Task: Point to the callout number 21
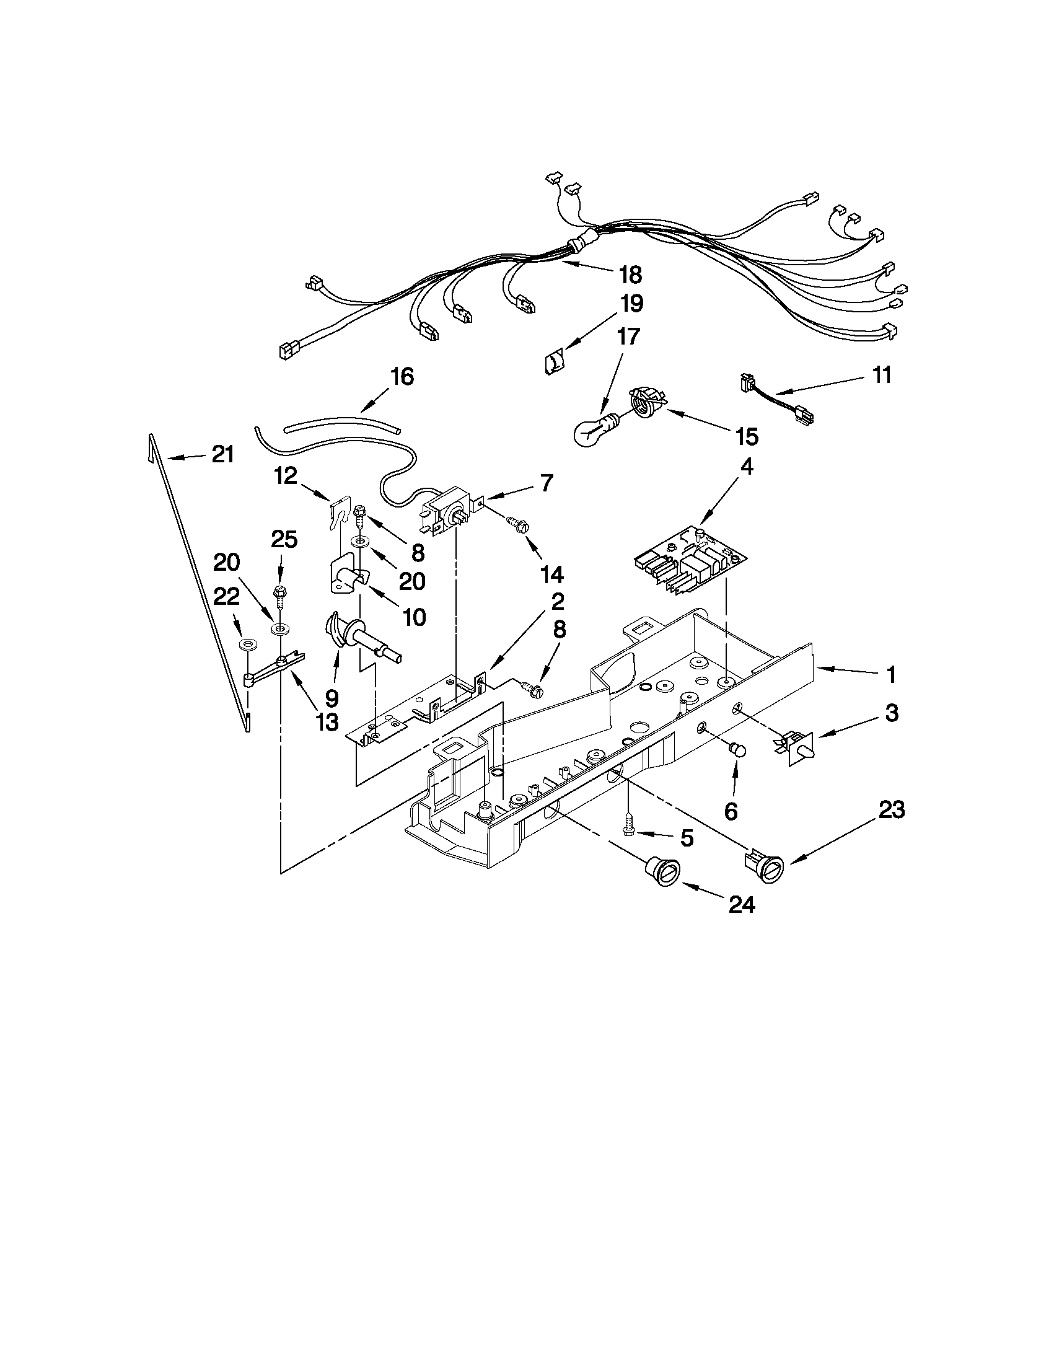223,454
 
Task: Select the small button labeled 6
738,749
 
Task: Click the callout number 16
402,377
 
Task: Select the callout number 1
891,674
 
